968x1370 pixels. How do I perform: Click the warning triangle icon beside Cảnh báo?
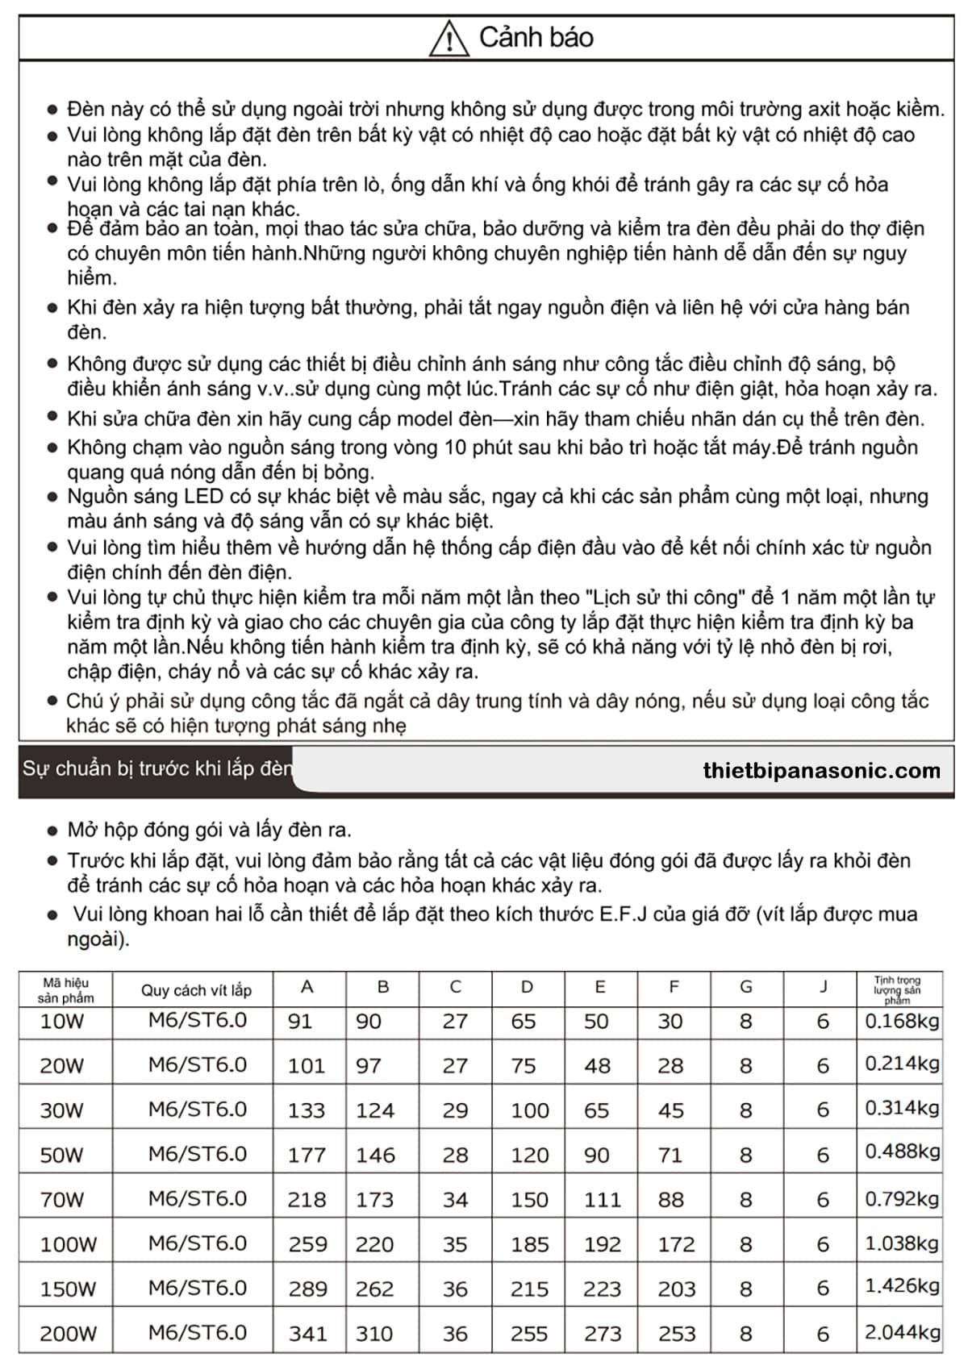click(x=449, y=38)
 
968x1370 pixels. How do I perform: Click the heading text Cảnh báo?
click(x=536, y=37)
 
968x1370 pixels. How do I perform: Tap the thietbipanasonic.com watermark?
click(x=821, y=771)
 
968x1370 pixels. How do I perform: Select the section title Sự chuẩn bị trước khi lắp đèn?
click(x=157, y=768)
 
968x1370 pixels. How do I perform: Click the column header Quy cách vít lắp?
click(x=196, y=990)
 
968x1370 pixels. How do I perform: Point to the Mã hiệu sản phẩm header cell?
click(x=65, y=990)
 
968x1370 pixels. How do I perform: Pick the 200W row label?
click(x=68, y=1334)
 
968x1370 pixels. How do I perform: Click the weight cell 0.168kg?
click(x=902, y=1022)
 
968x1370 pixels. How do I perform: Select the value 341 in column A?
click(x=307, y=1334)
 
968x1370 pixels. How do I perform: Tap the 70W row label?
click(x=62, y=1200)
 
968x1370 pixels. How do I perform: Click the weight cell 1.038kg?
click(x=902, y=1244)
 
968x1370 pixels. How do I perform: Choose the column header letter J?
click(x=823, y=987)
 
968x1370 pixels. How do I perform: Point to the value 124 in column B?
click(x=375, y=1110)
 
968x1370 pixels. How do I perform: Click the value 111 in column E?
click(x=602, y=1200)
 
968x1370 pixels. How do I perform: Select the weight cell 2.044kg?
click(x=902, y=1333)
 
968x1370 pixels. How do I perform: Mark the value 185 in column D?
click(x=529, y=1244)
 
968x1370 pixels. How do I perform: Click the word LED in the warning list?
click(x=203, y=497)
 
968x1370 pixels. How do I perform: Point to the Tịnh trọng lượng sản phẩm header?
click(x=897, y=990)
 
